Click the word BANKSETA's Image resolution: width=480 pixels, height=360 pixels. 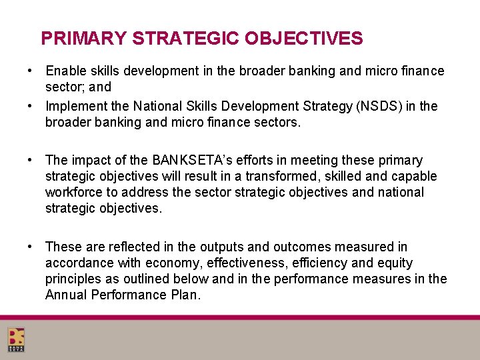[x=190, y=160]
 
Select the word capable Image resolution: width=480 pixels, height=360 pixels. [x=415, y=176]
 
